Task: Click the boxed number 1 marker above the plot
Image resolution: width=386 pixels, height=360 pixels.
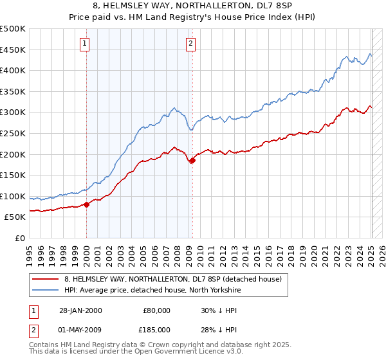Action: [x=85, y=44]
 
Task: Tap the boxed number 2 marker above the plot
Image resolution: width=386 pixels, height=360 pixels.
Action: [x=191, y=44]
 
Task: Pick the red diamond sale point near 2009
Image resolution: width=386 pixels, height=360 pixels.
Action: [x=192, y=161]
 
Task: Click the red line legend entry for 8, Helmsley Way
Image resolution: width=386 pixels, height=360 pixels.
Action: [x=172, y=279]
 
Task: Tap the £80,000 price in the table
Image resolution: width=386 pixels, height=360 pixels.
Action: [x=156, y=310]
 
